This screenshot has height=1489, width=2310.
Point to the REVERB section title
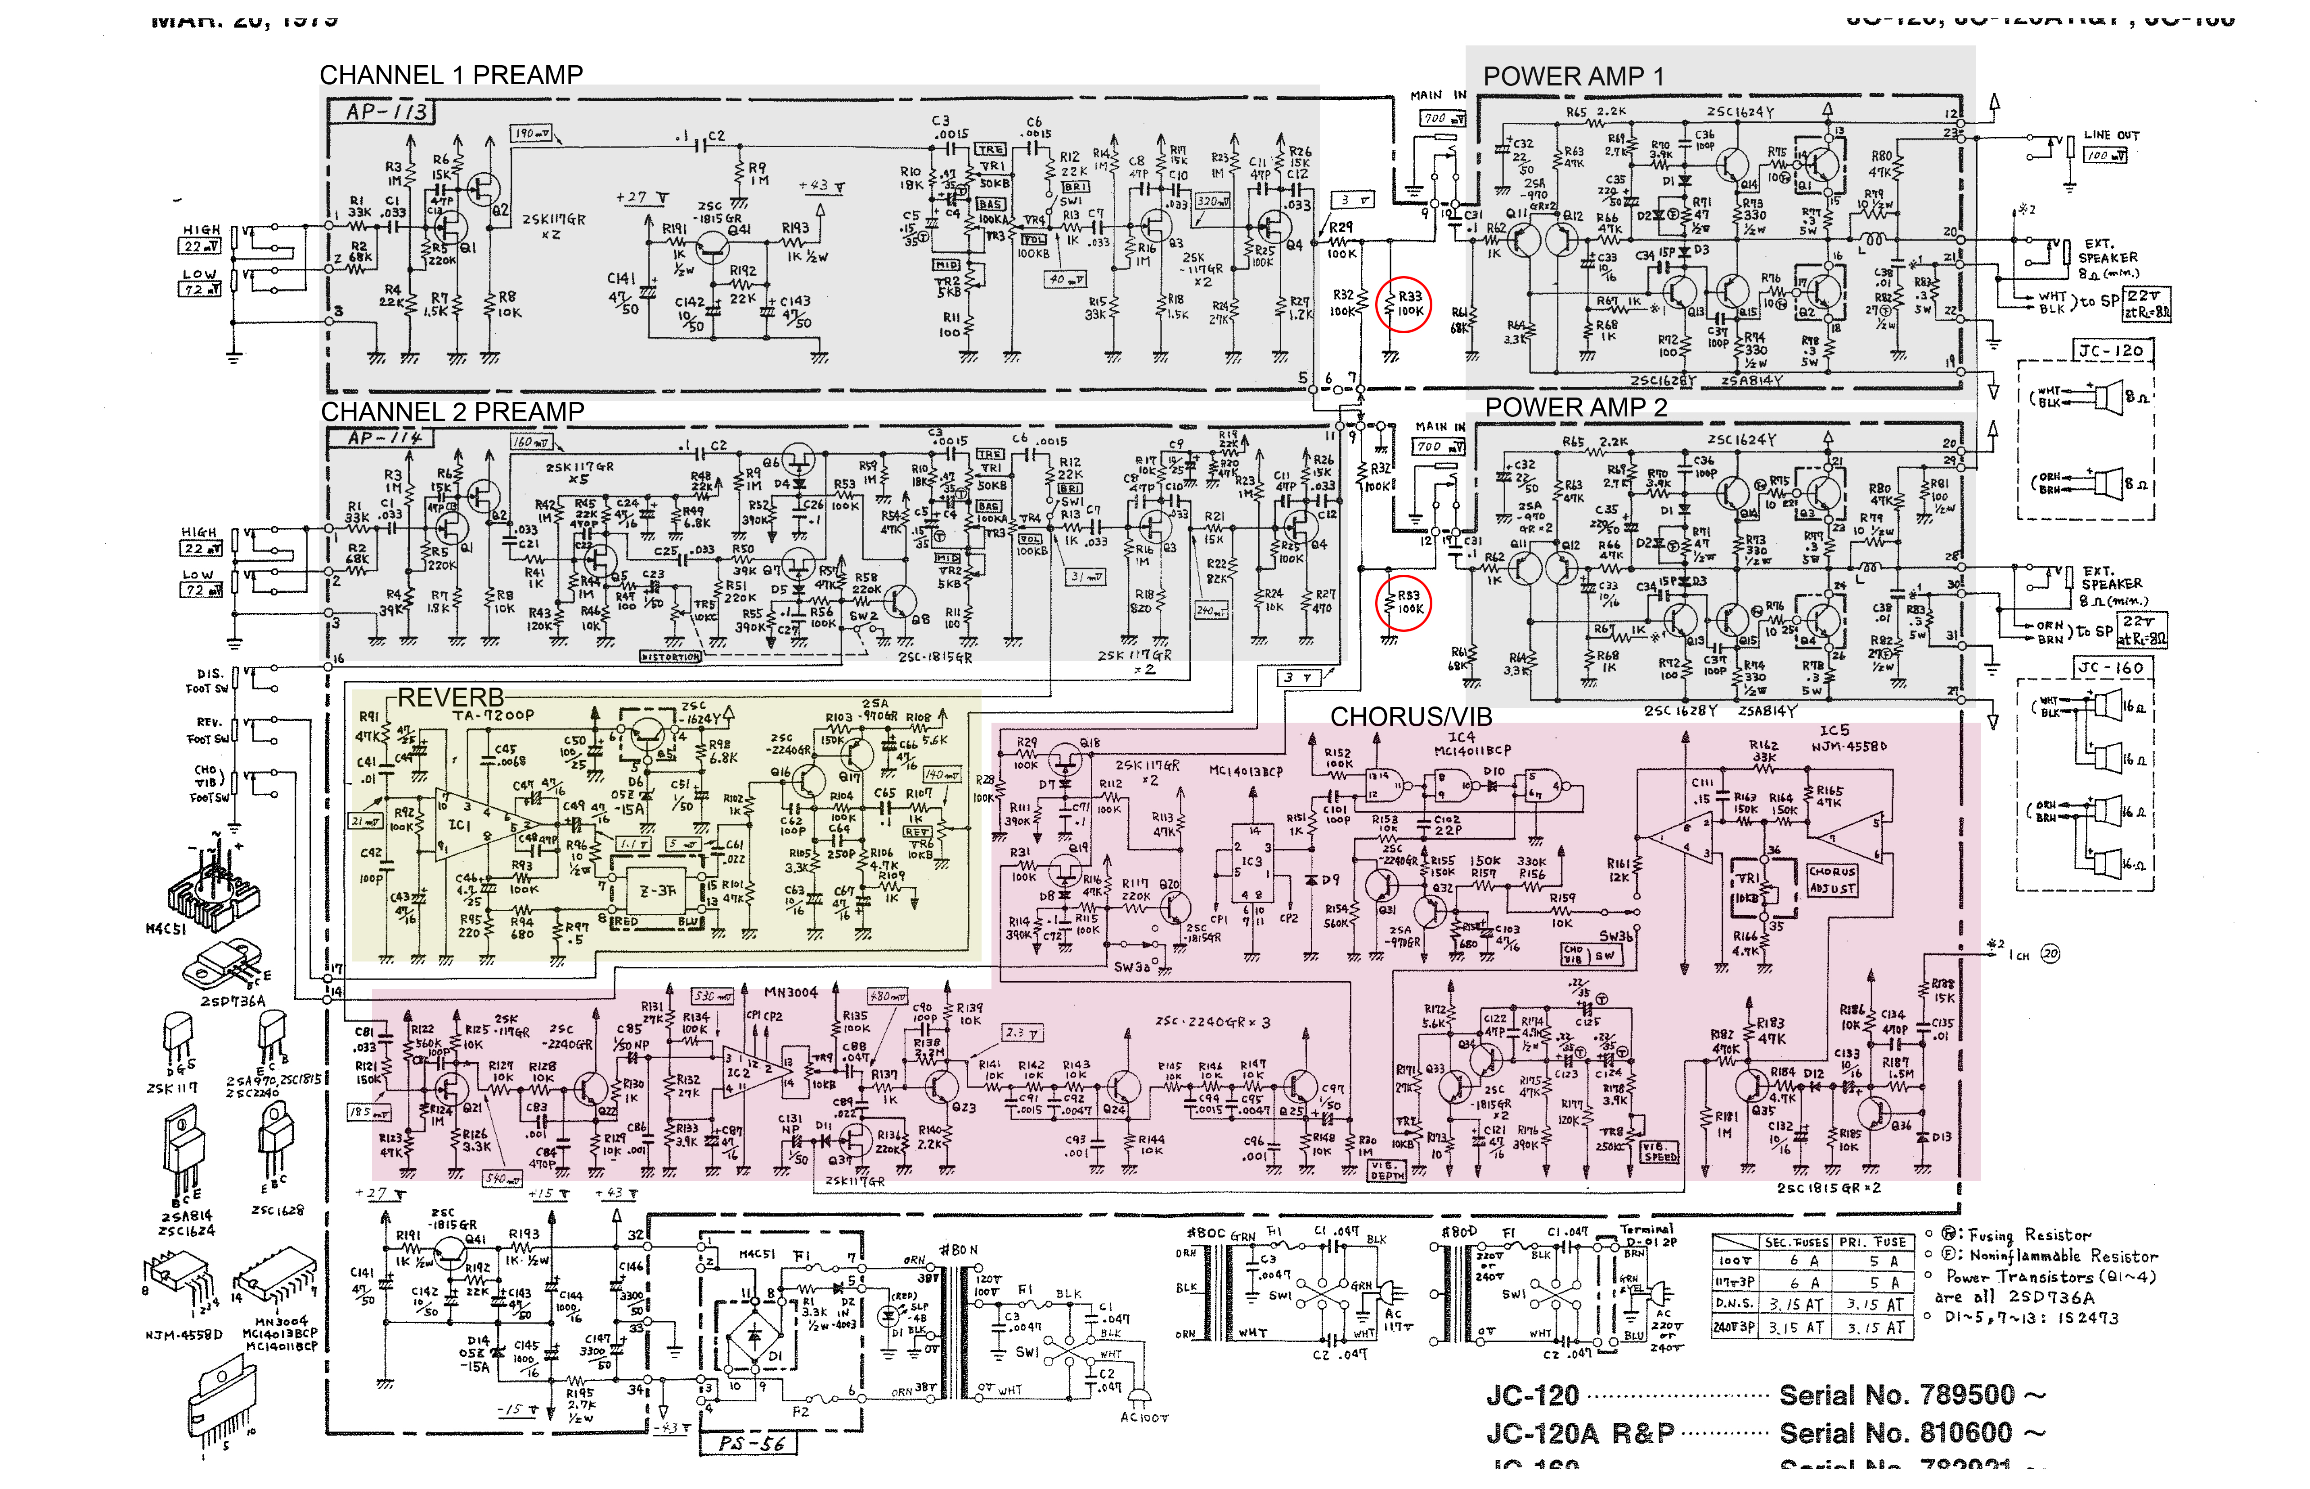point(451,697)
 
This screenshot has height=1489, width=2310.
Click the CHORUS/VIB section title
point(1411,716)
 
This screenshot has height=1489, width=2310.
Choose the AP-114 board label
point(385,438)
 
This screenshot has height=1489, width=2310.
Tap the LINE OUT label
point(2112,135)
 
